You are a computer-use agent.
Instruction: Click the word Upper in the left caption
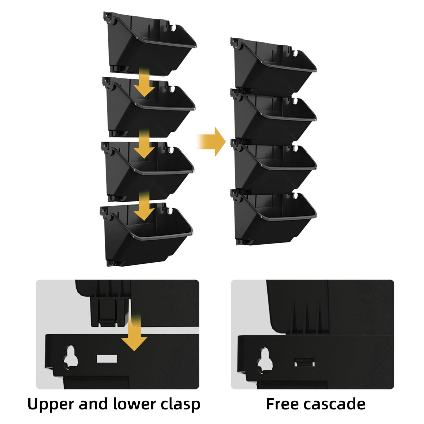pyautogui.click(x=50, y=405)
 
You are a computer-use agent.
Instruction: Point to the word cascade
pyautogui.click(x=334, y=404)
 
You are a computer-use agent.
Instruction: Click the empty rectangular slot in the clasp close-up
pyautogui.click(x=107, y=359)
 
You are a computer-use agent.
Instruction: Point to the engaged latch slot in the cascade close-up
pyautogui.click(x=304, y=362)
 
